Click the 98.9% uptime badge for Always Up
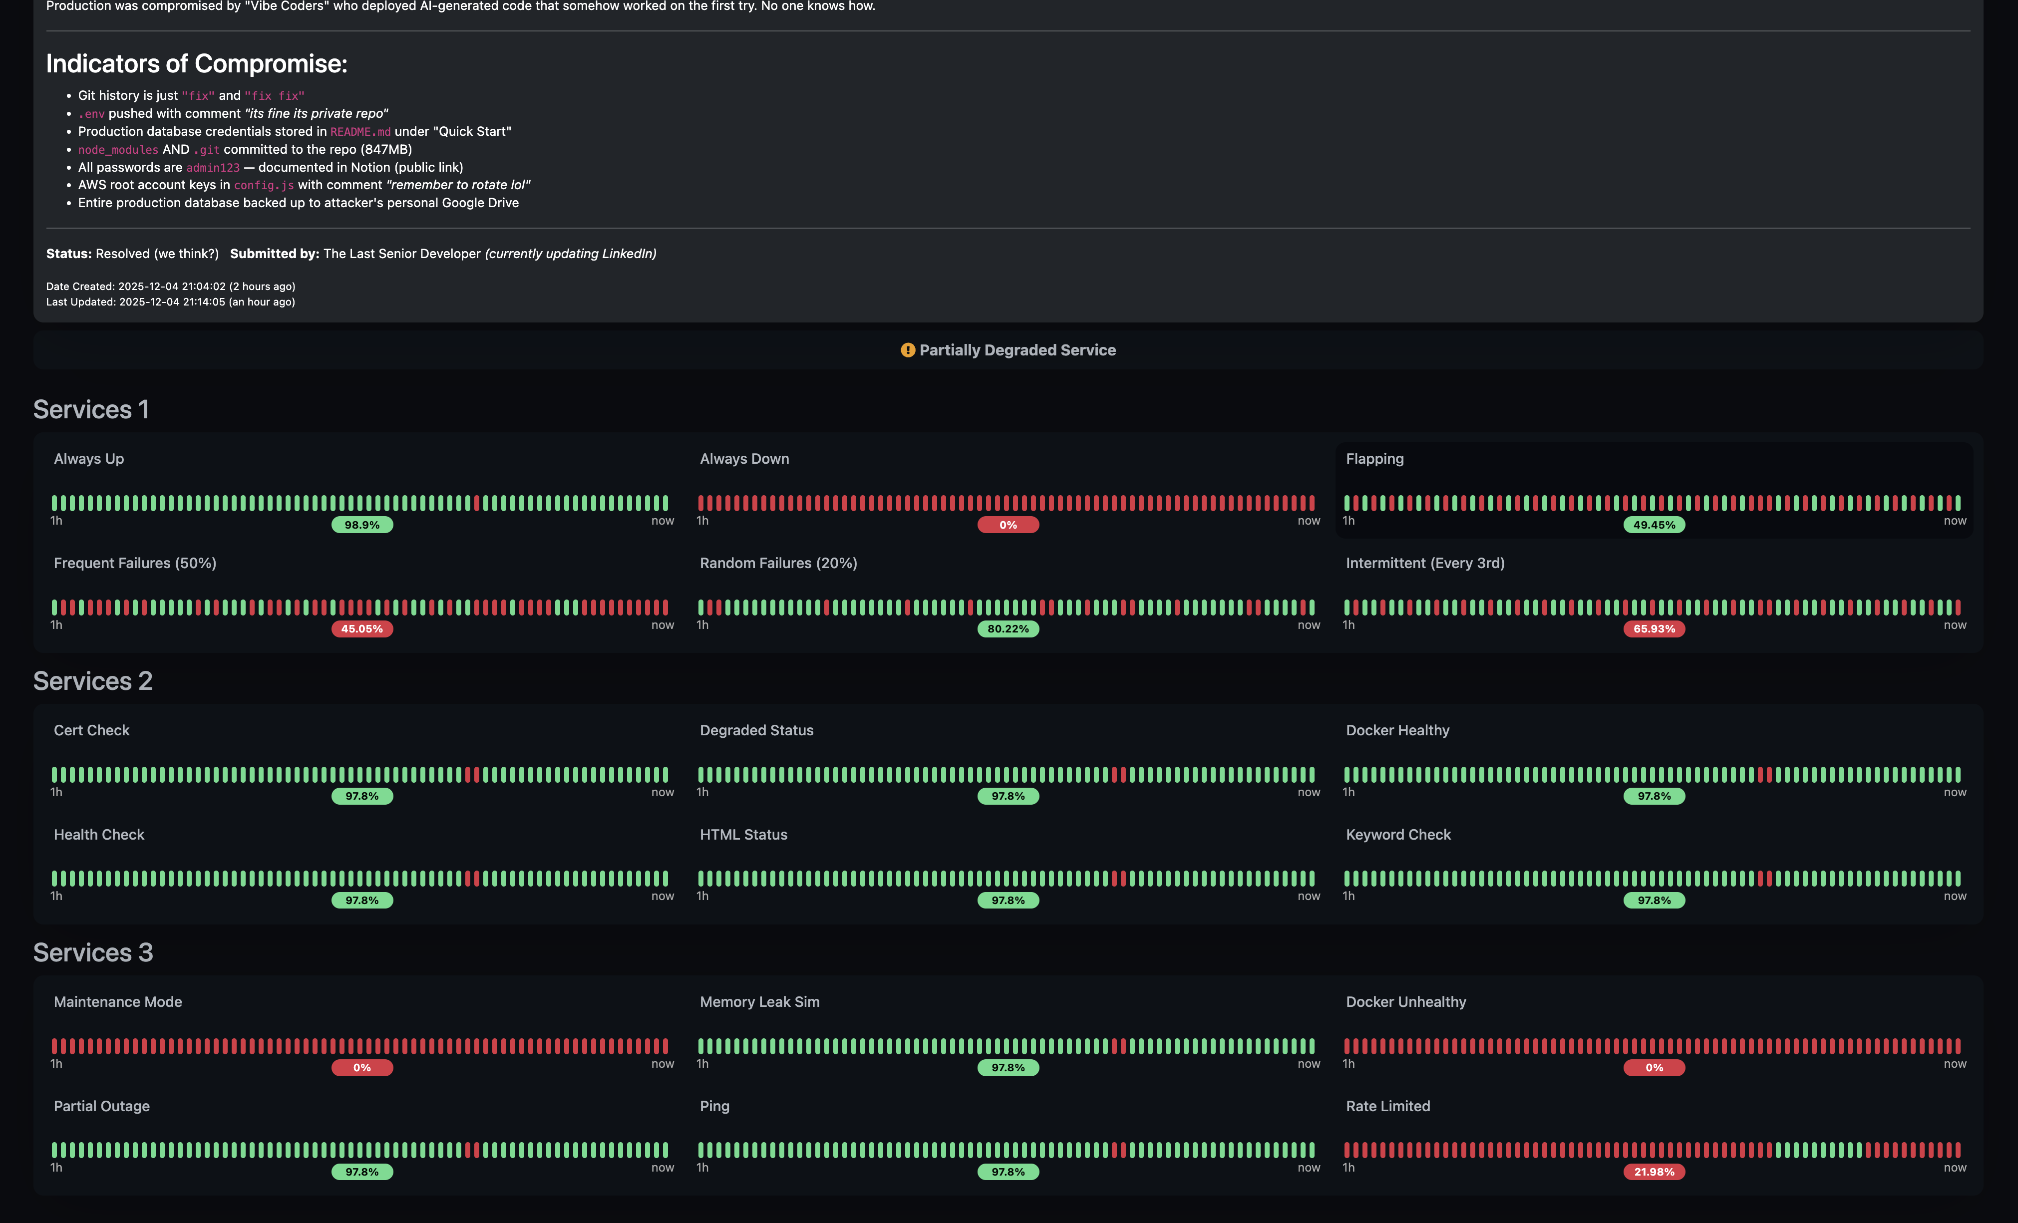point(362,525)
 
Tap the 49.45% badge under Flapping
point(1655,525)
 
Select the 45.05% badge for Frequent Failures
point(362,628)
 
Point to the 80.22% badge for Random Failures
point(1008,628)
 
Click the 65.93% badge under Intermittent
point(1655,628)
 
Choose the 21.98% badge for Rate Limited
point(1655,1172)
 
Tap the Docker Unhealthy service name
point(1406,1002)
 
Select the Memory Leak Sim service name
point(759,1002)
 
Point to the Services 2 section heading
point(92,681)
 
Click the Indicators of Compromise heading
point(197,64)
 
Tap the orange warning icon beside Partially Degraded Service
point(908,350)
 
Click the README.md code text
point(360,132)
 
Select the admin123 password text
point(213,168)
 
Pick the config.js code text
point(264,186)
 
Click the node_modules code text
point(118,150)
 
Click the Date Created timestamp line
point(170,287)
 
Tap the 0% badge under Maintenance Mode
point(362,1067)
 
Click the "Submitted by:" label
point(275,254)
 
